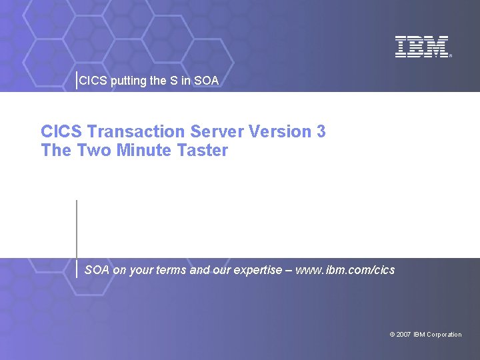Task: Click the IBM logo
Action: click(422, 47)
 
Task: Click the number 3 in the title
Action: click(321, 131)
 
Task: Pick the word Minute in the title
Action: click(144, 150)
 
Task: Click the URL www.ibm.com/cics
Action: click(345, 270)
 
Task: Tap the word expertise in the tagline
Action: click(256, 270)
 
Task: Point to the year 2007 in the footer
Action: click(403, 335)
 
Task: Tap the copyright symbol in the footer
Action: click(392, 335)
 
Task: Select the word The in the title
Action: click(56, 150)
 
